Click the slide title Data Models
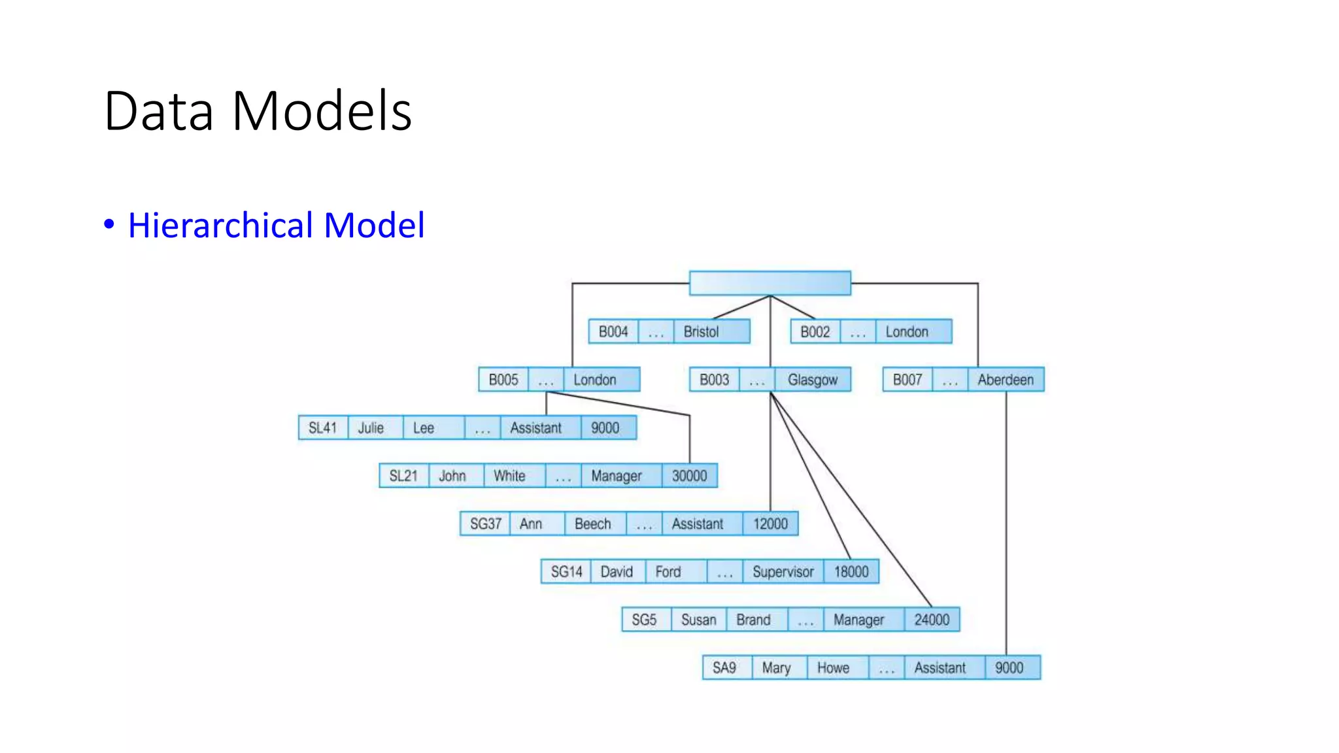click(258, 111)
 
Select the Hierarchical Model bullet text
click(276, 226)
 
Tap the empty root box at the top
click(770, 283)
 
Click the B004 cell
click(613, 332)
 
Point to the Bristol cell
click(702, 332)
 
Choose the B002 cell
click(815, 332)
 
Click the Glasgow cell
click(812, 380)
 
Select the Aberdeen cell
click(1006, 380)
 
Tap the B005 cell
click(503, 380)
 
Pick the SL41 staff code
click(322, 428)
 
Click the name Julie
click(371, 428)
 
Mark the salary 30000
click(689, 476)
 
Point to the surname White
click(509, 476)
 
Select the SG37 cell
click(485, 524)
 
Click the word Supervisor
click(783, 572)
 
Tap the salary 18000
click(851, 572)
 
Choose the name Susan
click(698, 620)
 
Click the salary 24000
click(932, 620)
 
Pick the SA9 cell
click(724, 668)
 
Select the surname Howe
click(833, 668)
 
